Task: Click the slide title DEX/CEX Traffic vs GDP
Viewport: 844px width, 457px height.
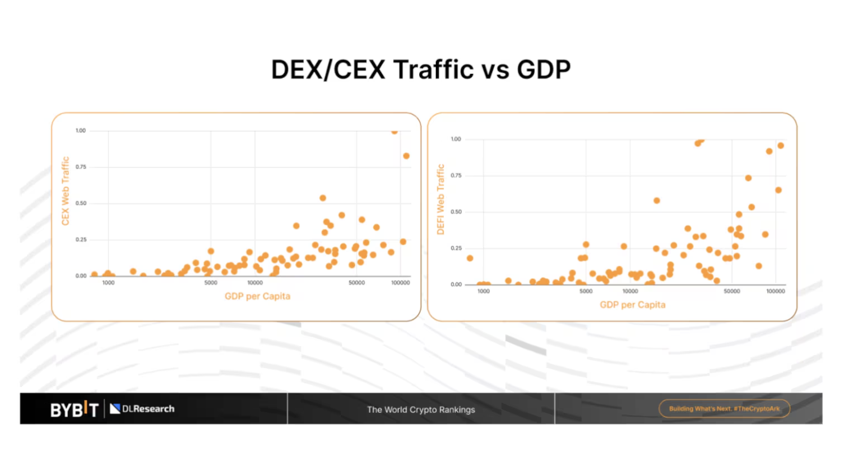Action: tap(421, 70)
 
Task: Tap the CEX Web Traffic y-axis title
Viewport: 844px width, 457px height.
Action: tap(66, 191)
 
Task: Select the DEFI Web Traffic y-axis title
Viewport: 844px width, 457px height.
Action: tap(440, 199)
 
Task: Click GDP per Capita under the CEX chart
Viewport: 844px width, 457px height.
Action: tap(257, 296)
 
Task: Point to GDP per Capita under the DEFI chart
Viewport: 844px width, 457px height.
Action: tap(632, 305)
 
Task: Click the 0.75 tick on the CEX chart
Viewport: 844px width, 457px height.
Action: tap(81, 167)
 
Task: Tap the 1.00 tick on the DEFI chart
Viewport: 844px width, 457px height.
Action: tap(456, 139)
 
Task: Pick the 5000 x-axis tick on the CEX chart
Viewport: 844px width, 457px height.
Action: tap(211, 283)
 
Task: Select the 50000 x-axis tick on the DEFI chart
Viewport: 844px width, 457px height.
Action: tap(731, 291)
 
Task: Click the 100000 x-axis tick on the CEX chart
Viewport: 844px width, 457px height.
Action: tap(400, 283)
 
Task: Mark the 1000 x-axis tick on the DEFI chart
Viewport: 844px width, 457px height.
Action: tap(483, 291)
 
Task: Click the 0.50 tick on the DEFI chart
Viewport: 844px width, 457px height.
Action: tap(456, 212)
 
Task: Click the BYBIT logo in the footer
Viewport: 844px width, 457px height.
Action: tap(75, 409)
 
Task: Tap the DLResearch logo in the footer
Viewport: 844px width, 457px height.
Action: tap(142, 409)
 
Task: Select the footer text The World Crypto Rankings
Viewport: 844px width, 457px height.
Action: tap(421, 409)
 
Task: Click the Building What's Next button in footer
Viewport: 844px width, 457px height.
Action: tap(724, 409)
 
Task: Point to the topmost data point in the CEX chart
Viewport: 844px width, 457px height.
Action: tap(395, 132)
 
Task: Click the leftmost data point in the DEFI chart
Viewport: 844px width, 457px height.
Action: tap(470, 258)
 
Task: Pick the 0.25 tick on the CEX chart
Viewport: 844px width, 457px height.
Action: tap(81, 240)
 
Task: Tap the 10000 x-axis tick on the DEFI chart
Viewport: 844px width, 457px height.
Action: tap(630, 291)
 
